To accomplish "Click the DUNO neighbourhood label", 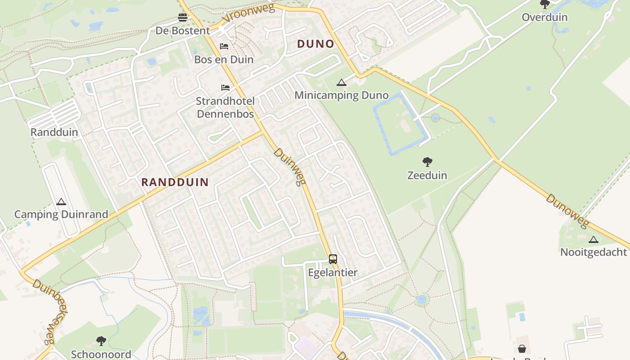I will [x=315, y=44].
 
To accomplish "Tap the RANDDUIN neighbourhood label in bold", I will [x=175, y=182].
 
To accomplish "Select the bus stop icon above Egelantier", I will [x=333, y=259].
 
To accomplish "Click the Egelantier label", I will [x=333, y=272].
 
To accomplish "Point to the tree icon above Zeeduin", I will [x=427, y=162].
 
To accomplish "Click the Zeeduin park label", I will [x=427, y=175].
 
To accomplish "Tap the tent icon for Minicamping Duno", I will [x=342, y=82].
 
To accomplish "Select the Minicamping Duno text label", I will [x=342, y=95].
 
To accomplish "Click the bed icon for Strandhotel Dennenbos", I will [x=225, y=87].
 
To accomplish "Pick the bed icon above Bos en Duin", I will [x=224, y=46].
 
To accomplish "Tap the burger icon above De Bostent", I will [x=183, y=18].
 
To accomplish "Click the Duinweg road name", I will [x=290, y=166].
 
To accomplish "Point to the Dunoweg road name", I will [x=567, y=211].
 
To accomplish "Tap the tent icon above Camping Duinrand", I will [x=61, y=202].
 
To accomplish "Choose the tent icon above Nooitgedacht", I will [x=594, y=239].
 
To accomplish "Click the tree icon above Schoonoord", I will [x=101, y=341].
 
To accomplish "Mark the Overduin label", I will [x=544, y=17].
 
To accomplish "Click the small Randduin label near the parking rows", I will [x=54, y=132].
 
